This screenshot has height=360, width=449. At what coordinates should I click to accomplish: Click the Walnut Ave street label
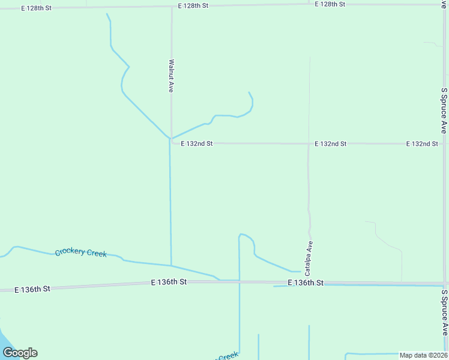pyautogui.click(x=172, y=75)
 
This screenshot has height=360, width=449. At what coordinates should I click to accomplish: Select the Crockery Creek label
pyautogui.click(x=81, y=253)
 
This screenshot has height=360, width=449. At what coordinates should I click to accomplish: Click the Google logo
pyautogui.click(x=20, y=353)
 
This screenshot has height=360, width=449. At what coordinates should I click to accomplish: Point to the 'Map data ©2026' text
pyautogui.click(x=423, y=355)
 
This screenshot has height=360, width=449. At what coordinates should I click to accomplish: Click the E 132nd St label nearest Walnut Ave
pyautogui.click(x=197, y=144)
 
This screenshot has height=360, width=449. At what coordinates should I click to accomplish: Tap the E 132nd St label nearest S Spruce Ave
pyautogui.click(x=422, y=144)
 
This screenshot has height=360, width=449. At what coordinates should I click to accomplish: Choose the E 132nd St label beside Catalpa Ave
pyautogui.click(x=331, y=144)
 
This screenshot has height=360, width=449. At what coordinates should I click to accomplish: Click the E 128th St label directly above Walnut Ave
pyautogui.click(x=193, y=5)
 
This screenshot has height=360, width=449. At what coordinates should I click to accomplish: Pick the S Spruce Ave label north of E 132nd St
pyautogui.click(x=444, y=110)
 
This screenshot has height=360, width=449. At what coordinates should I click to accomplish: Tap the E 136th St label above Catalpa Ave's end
pyautogui.click(x=306, y=283)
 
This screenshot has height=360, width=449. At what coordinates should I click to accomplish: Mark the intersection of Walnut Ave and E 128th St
pyautogui.click(x=172, y=7)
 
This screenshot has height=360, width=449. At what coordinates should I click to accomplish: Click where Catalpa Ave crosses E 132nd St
pyautogui.click(x=309, y=144)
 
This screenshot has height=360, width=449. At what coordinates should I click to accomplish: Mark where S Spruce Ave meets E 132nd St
pyautogui.click(x=444, y=144)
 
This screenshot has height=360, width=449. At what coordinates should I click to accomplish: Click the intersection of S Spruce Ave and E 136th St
pyautogui.click(x=445, y=283)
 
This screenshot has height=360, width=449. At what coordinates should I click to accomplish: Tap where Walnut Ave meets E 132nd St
pyautogui.click(x=172, y=143)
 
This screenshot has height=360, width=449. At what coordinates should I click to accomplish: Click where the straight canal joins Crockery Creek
pyautogui.click(x=171, y=265)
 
